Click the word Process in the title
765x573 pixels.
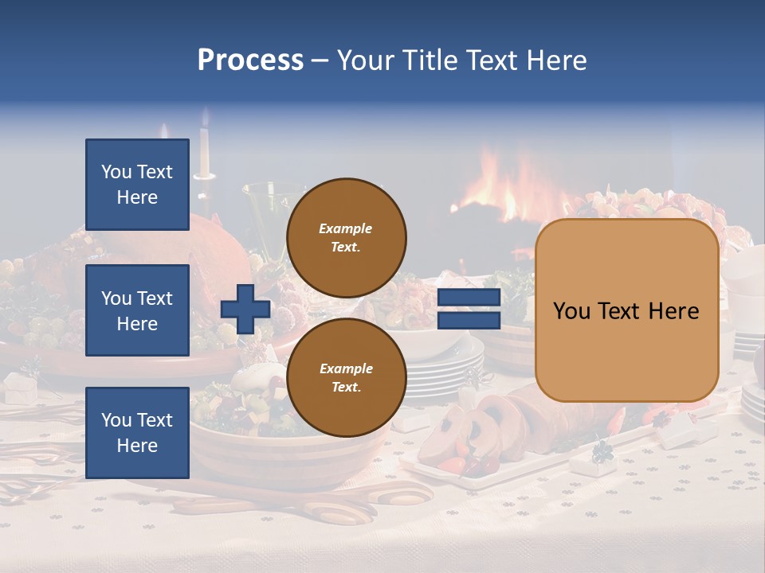(250, 60)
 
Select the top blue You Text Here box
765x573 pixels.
(137, 185)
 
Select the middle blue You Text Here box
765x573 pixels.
(137, 310)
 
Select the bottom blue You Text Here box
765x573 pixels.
(137, 433)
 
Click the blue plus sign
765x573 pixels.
(245, 310)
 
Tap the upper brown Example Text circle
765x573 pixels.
(346, 237)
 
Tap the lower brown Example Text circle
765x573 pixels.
(346, 377)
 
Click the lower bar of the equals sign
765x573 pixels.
(469, 320)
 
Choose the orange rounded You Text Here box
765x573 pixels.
(626, 310)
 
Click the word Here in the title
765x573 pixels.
(555, 60)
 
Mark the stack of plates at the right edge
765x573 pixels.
(751, 398)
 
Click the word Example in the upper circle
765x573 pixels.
(346, 228)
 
